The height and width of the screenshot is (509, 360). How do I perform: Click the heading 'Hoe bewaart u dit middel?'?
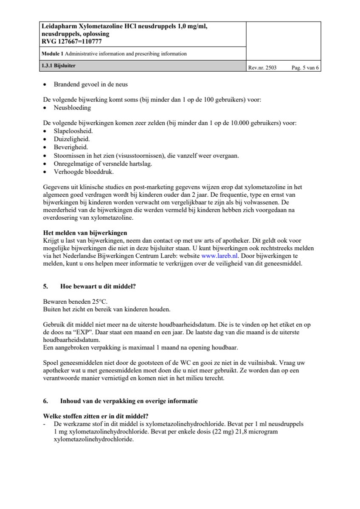[98, 286]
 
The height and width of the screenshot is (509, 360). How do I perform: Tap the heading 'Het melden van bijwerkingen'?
[85, 233]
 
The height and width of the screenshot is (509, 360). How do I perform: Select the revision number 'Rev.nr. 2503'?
[262, 67]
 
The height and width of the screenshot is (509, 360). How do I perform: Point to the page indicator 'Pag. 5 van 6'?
[305, 67]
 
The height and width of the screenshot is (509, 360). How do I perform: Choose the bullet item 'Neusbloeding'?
[72, 108]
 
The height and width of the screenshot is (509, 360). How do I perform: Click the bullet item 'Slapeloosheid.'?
[73, 131]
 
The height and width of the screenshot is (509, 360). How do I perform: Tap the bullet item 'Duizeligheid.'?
[71, 139]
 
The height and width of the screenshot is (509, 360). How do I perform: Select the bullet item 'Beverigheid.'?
[71, 147]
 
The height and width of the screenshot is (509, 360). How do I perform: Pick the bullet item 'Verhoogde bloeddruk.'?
[84, 172]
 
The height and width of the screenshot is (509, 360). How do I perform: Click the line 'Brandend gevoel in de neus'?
[90, 84]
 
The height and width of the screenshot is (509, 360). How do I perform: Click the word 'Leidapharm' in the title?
[59, 26]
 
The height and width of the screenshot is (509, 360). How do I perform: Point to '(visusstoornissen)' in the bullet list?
[138, 156]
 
